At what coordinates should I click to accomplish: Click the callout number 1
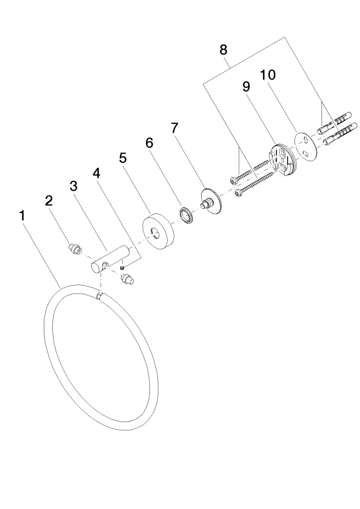click(22, 216)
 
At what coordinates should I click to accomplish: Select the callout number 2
click(49, 201)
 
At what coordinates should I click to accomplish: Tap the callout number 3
click(74, 186)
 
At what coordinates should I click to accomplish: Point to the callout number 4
click(97, 173)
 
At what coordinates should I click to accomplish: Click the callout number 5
click(123, 158)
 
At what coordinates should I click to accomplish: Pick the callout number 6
click(149, 142)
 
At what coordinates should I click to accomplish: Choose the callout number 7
click(175, 128)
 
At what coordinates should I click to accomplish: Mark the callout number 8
click(223, 49)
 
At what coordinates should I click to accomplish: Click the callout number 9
click(246, 86)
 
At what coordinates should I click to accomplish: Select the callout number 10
click(268, 74)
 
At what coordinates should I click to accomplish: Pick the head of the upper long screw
click(234, 180)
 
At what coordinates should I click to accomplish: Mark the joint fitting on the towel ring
click(99, 296)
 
